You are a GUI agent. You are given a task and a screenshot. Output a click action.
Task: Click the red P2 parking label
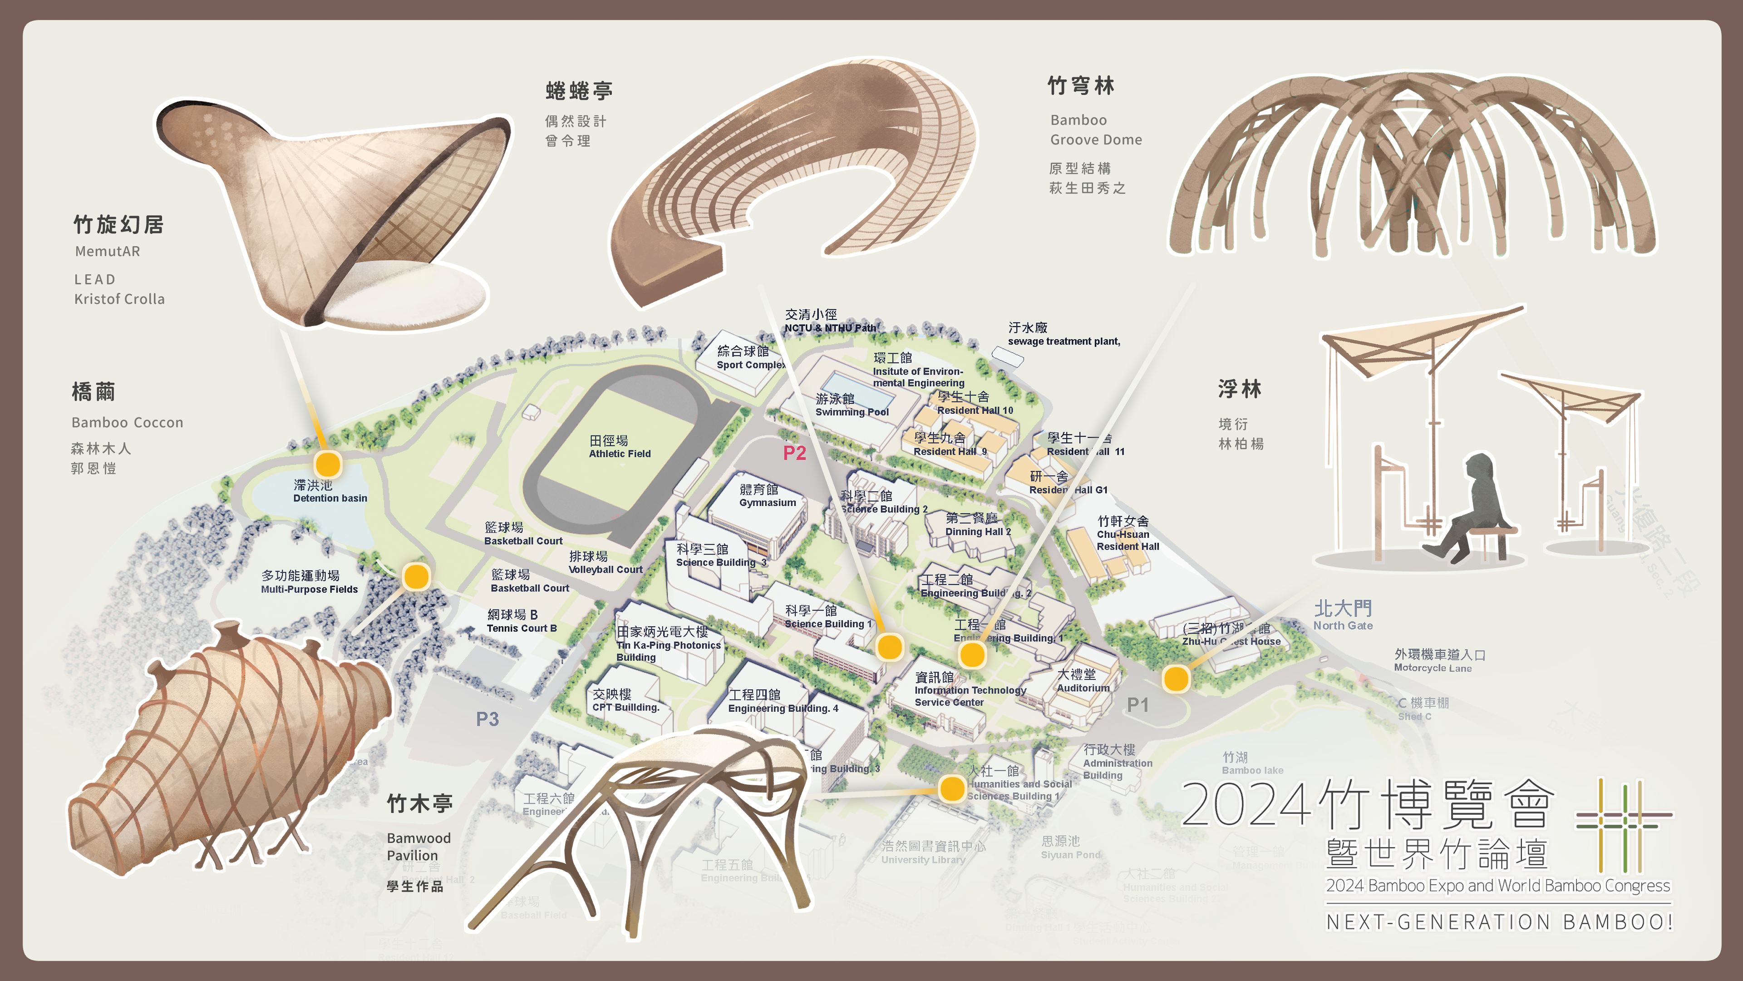coord(794,453)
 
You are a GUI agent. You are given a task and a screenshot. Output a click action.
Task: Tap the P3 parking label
coord(487,719)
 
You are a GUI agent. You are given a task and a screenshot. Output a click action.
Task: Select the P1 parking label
coord(1137,705)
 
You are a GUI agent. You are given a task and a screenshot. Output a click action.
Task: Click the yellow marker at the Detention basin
coord(327,465)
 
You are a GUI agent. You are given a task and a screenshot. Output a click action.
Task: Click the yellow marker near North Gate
coord(1176,679)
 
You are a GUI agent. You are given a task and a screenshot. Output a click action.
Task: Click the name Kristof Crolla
coord(119,299)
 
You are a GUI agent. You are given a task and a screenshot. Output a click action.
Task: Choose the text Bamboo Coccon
coord(127,422)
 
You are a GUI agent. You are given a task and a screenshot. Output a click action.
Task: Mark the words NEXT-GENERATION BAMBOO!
coord(1499,922)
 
